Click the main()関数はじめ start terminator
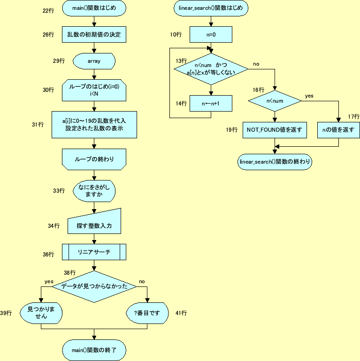[x=94, y=8]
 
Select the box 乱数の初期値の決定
[x=94, y=34]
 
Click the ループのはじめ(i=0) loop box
[x=94, y=90]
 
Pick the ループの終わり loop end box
[x=94, y=159]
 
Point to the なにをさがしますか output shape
[x=94, y=190]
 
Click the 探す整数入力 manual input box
[x=94, y=225]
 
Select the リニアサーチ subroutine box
[x=94, y=252]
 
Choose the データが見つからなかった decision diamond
[x=94, y=286]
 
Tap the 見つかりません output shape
[x=41, y=313]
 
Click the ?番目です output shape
[x=147, y=313]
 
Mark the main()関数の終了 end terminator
[x=94, y=350]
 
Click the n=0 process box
[x=211, y=35]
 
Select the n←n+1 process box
[x=211, y=103]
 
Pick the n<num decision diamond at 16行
[x=275, y=101]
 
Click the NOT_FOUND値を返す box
[x=275, y=129]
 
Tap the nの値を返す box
[x=338, y=129]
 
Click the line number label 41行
[x=181, y=313]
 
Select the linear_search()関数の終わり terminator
[x=275, y=162]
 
